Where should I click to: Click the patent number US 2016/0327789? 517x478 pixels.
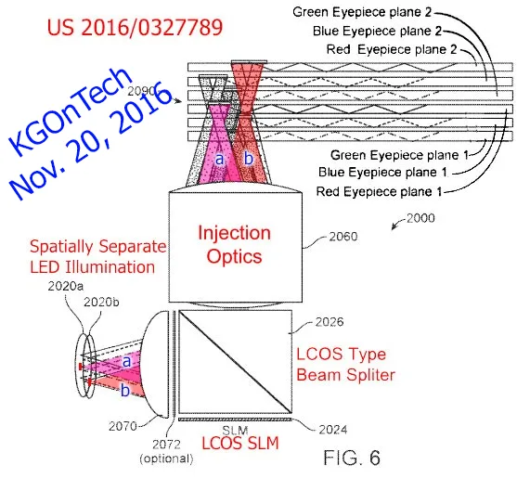[135, 27]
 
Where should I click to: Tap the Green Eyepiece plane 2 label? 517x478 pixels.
[362, 12]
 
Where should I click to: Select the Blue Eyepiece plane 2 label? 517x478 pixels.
[377, 31]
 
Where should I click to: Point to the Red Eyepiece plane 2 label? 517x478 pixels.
[392, 49]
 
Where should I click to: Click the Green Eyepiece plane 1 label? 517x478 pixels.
[400, 155]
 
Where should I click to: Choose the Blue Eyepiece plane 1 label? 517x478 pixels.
[382, 172]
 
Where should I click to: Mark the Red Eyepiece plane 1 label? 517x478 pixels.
[380, 191]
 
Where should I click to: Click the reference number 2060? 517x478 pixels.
[343, 237]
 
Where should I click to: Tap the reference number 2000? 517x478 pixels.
[420, 218]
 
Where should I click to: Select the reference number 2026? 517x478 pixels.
[330, 322]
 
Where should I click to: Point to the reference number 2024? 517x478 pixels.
[333, 430]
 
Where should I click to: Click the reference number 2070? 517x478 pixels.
[123, 426]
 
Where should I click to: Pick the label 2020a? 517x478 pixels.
[66, 286]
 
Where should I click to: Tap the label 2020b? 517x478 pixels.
[101, 302]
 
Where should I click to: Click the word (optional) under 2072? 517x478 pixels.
[166, 459]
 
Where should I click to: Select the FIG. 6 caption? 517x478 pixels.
[352, 458]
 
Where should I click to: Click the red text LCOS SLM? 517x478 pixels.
[240, 443]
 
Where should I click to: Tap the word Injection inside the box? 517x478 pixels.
[235, 233]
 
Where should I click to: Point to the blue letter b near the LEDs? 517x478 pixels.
[125, 391]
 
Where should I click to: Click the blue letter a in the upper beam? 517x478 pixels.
[219, 160]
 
